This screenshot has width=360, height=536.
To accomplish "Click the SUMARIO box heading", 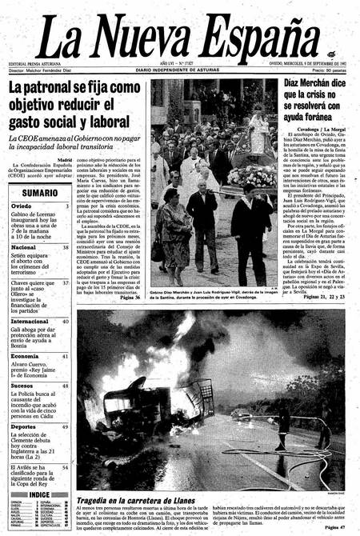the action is [x=39, y=193].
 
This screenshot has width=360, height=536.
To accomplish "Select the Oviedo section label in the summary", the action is [x=22, y=206].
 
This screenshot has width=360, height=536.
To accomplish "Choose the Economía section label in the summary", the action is [x=26, y=355].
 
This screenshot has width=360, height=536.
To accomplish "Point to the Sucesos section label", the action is [x=23, y=385].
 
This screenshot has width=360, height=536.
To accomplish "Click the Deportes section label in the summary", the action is [x=24, y=426].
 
